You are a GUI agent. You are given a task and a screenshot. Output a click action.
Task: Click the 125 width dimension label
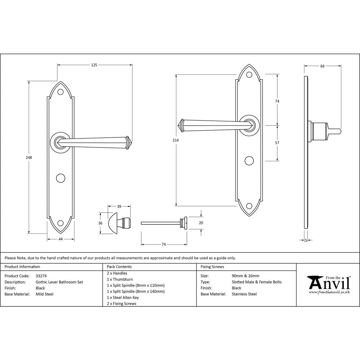tap(94, 65)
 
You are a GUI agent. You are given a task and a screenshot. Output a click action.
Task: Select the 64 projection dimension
tap(322, 66)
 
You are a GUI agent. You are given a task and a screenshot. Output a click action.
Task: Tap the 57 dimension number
tap(277, 143)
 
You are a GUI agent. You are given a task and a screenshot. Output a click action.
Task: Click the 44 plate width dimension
tap(60, 239)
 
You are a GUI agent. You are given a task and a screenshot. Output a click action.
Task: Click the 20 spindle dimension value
tap(201, 223)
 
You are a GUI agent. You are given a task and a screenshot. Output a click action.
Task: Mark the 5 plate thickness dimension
tap(306, 240)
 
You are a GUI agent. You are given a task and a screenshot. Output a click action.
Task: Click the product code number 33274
tap(41, 276)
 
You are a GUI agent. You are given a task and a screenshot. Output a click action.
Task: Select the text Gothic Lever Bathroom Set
tap(59, 282)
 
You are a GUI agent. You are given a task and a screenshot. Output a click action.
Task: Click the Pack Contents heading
tap(119, 267)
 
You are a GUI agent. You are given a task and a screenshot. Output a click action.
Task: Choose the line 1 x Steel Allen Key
tap(123, 298)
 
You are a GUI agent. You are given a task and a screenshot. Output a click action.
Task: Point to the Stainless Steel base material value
tap(244, 294)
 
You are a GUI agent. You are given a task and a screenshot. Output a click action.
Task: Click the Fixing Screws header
tap(212, 267)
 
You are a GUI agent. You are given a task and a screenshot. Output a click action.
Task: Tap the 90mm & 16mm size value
tap(246, 276)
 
